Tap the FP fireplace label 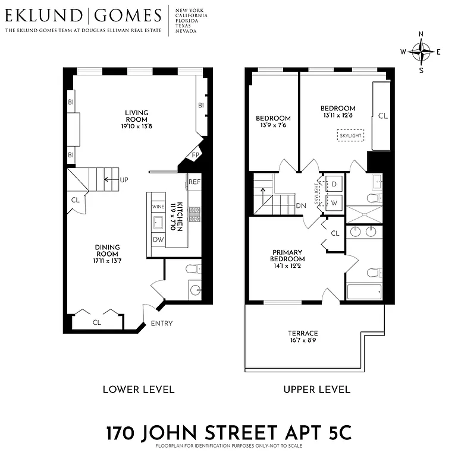pos(195,156)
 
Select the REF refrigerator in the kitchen pos(195,182)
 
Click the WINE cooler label pos(158,207)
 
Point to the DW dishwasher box pos(158,239)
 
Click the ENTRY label pos(162,324)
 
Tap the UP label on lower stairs pos(124,179)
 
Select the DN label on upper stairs pos(301,206)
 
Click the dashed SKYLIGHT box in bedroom pos(350,136)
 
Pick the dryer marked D pos(333,183)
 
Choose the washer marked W pos(333,202)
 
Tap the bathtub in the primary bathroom pos(363,292)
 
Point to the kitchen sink pos(158,223)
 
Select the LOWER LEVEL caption pos(139,389)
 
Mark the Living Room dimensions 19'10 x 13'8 pos(136,126)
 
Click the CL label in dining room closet pos(97,322)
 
